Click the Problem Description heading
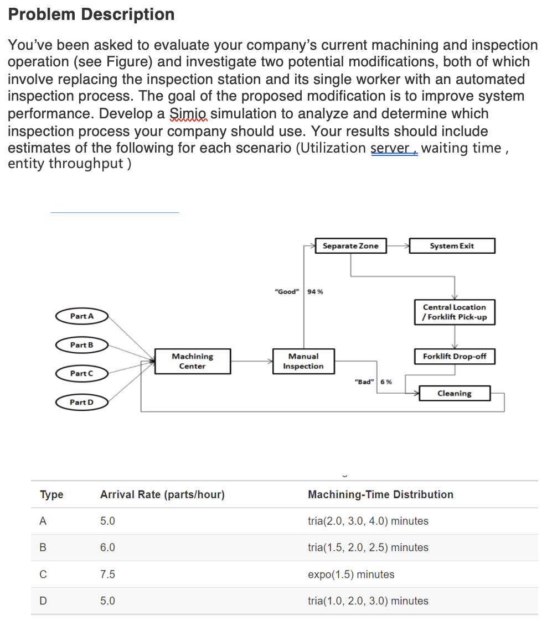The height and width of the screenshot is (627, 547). [91, 14]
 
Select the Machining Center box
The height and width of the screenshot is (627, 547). [192, 362]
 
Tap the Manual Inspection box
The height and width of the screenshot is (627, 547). [303, 362]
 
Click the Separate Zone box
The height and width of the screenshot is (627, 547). [350, 246]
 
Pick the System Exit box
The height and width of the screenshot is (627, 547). [451, 246]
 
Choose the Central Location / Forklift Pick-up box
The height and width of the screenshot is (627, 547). [454, 312]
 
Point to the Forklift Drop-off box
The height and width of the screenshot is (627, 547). [454, 357]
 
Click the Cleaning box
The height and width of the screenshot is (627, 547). [454, 394]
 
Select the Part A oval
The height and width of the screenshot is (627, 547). [81, 316]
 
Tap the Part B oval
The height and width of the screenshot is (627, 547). [81, 345]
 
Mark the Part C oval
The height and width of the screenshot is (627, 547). [81, 374]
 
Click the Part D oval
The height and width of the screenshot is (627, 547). [81, 402]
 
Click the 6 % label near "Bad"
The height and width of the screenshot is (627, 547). [386, 382]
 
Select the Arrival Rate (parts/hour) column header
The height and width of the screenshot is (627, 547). [162, 495]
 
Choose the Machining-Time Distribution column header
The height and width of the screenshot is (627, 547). [380, 495]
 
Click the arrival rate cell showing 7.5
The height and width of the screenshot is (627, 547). [107, 574]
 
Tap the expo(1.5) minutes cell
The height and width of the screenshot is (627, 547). [351, 574]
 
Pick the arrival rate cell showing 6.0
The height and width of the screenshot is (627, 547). [107, 548]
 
